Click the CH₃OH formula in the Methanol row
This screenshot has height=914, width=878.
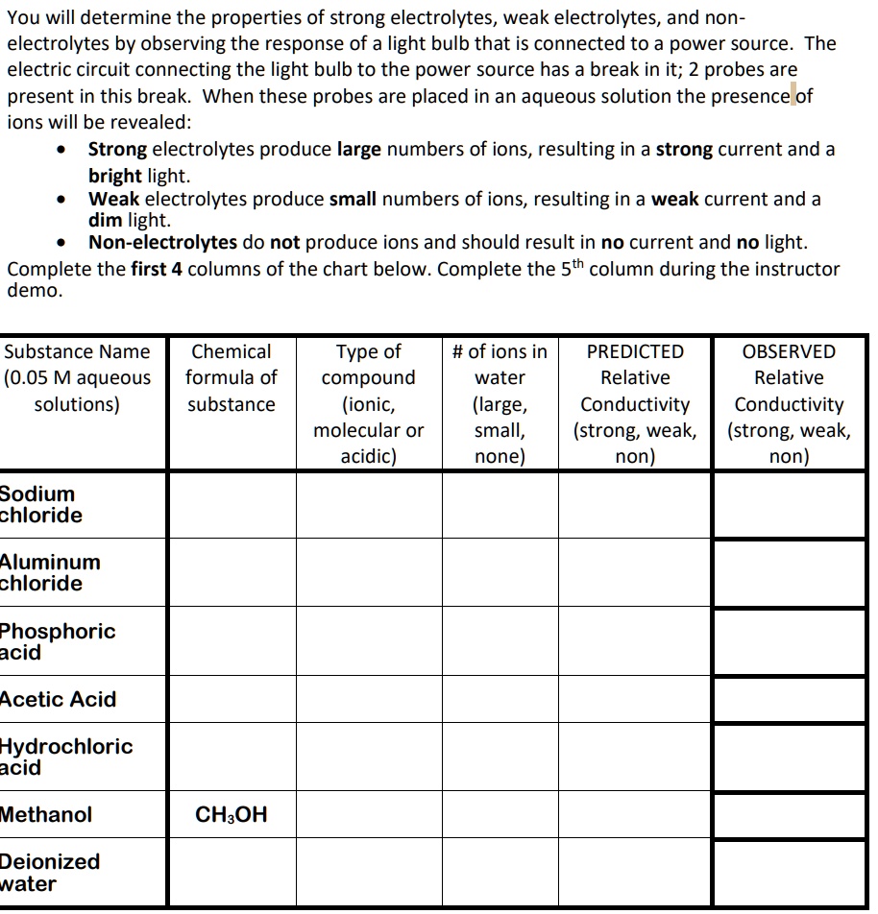tap(231, 815)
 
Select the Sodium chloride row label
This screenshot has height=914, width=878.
tap(40, 505)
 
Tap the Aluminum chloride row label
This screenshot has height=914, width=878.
tap(49, 573)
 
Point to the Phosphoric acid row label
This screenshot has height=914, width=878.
tap(57, 642)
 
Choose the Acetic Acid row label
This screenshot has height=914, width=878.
tap(58, 700)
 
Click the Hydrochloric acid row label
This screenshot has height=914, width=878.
tap(65, 758)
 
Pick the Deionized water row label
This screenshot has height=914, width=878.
tap(49, 873)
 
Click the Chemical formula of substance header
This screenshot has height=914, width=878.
tap(231, 378)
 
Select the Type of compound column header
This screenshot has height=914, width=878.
tap(368, 404)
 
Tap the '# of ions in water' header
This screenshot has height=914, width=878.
tap(500, 404)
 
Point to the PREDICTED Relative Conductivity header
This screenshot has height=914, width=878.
tap(635, 404)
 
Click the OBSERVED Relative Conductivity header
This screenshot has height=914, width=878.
tap(789, 404)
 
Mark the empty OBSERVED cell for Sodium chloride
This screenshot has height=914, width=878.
tap(789, 505)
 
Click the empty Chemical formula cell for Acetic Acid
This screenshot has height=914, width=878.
tap(231, 700)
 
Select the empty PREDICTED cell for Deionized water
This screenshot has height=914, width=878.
tap(635, 873)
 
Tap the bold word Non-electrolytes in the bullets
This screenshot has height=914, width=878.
tap(162, 243)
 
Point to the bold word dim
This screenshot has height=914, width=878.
tap(106, 220)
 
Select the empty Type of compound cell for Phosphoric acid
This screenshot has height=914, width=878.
tap(368, 642)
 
